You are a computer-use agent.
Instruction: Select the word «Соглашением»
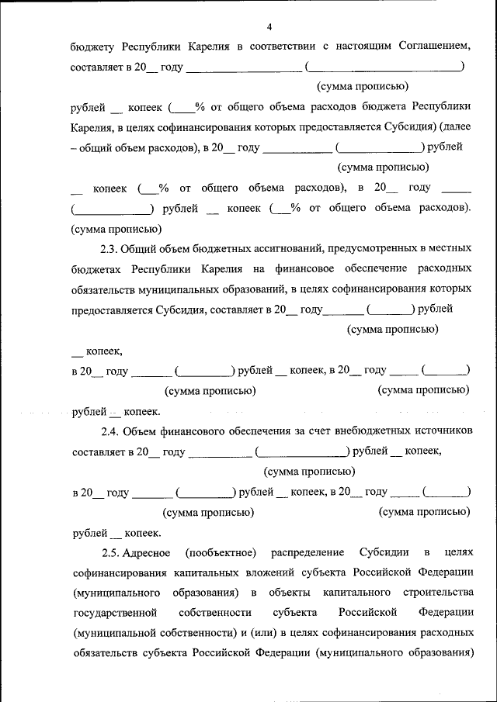click(433, 47)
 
